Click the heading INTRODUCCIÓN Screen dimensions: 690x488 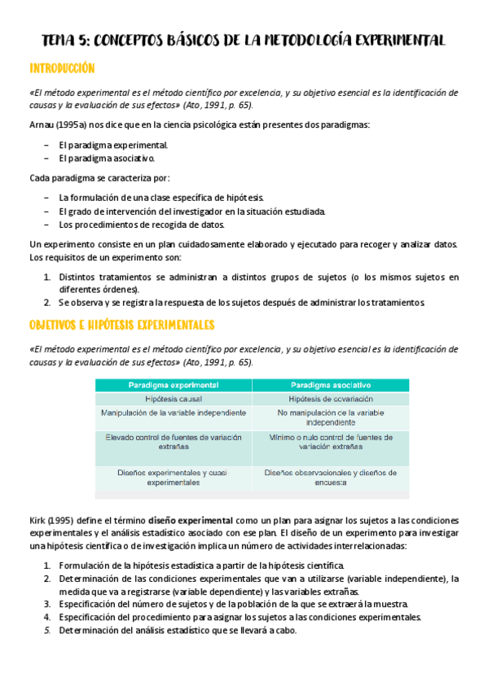tap(62, 68)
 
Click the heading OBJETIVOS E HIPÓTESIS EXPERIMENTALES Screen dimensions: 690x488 tap(121, 325)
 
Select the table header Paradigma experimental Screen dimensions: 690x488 tap(173, 384)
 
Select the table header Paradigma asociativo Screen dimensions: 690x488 tap(331, 384)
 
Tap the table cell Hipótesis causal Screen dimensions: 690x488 tap(173, 400)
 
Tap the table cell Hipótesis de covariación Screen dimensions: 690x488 tap(331, 400)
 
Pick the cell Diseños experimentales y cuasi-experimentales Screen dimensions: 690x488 tap(173, 477)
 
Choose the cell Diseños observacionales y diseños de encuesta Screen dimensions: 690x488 tap(331, 477)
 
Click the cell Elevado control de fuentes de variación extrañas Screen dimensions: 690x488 tap(173, 442)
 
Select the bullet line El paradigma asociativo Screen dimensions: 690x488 tap(106, 159)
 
